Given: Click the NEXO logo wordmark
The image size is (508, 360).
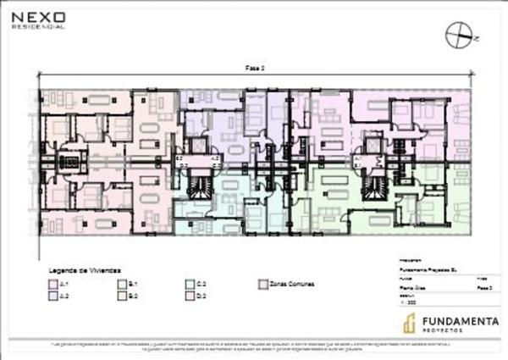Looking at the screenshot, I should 37,15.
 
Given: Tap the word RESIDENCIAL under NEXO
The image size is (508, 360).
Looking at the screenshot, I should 37,26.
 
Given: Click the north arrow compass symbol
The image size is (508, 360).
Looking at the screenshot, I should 457,35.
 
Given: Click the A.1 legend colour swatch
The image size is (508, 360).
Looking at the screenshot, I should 52,284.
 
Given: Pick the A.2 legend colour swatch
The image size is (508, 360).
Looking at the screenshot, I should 52,296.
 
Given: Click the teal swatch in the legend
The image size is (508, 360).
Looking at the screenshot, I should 190,284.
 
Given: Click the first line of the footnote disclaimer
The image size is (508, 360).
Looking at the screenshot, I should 254,345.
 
